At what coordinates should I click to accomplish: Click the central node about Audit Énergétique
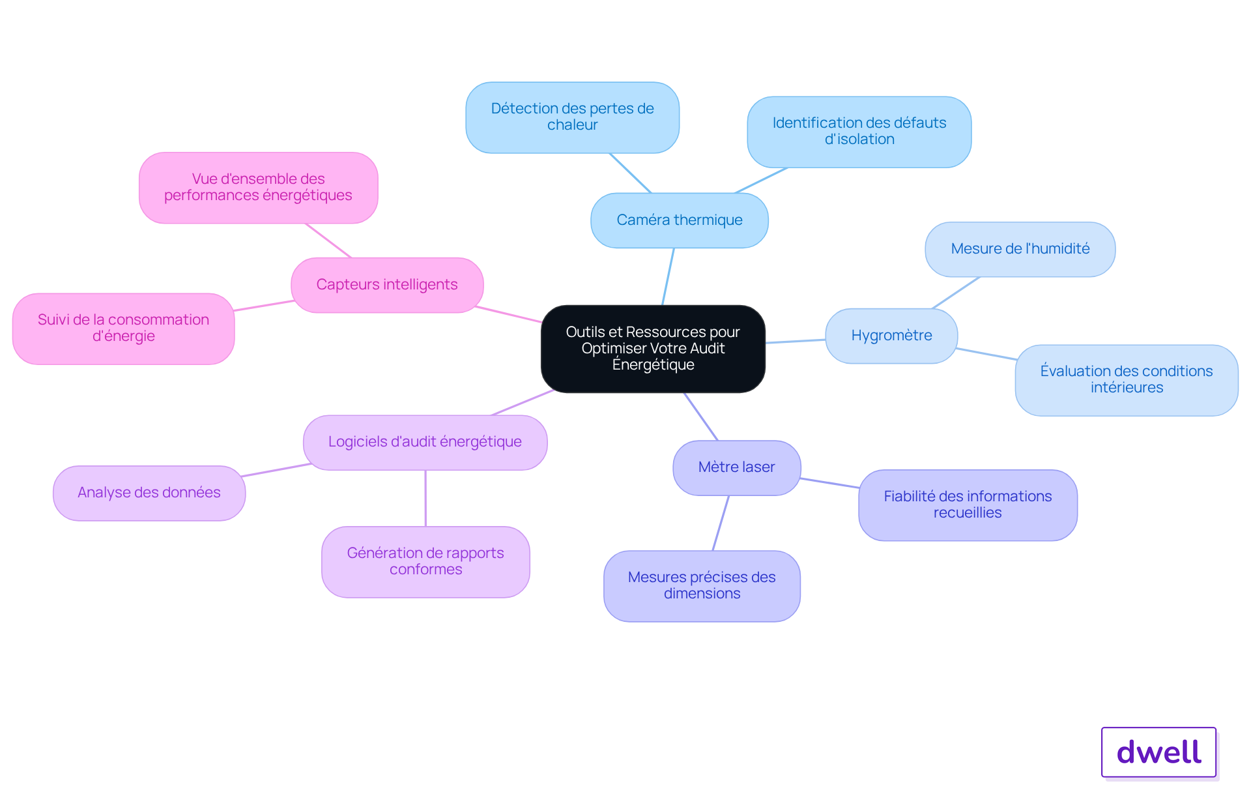point(653,349)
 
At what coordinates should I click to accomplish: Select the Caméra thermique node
point(680,220)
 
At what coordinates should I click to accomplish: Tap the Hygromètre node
point(891,336)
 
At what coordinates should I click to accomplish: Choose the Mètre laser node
point(737,467)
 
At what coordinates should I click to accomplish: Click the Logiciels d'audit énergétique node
point(425,442)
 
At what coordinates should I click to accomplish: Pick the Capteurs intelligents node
point(387,285)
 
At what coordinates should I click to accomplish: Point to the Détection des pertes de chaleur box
point(573,117)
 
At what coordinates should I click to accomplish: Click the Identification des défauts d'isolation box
point(859,132)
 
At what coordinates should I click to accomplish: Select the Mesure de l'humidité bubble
point(1020,249)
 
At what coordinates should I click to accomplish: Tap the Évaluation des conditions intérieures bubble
point(1127,380)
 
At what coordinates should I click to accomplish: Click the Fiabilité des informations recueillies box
point(968,505)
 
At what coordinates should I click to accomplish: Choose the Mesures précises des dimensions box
point(702,586)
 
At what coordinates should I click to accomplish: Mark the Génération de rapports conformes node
point(425,562)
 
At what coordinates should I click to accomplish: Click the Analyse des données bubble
point(149,493)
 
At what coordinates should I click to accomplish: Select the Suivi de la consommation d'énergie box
point(124,329)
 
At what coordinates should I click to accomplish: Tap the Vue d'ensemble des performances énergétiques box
point(259,188)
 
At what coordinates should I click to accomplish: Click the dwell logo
point(1159,752)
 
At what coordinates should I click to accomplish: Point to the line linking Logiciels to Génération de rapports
point(425,498)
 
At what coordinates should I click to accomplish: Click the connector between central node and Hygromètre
point(796,341)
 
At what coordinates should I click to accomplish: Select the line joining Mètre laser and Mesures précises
point(721,523)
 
